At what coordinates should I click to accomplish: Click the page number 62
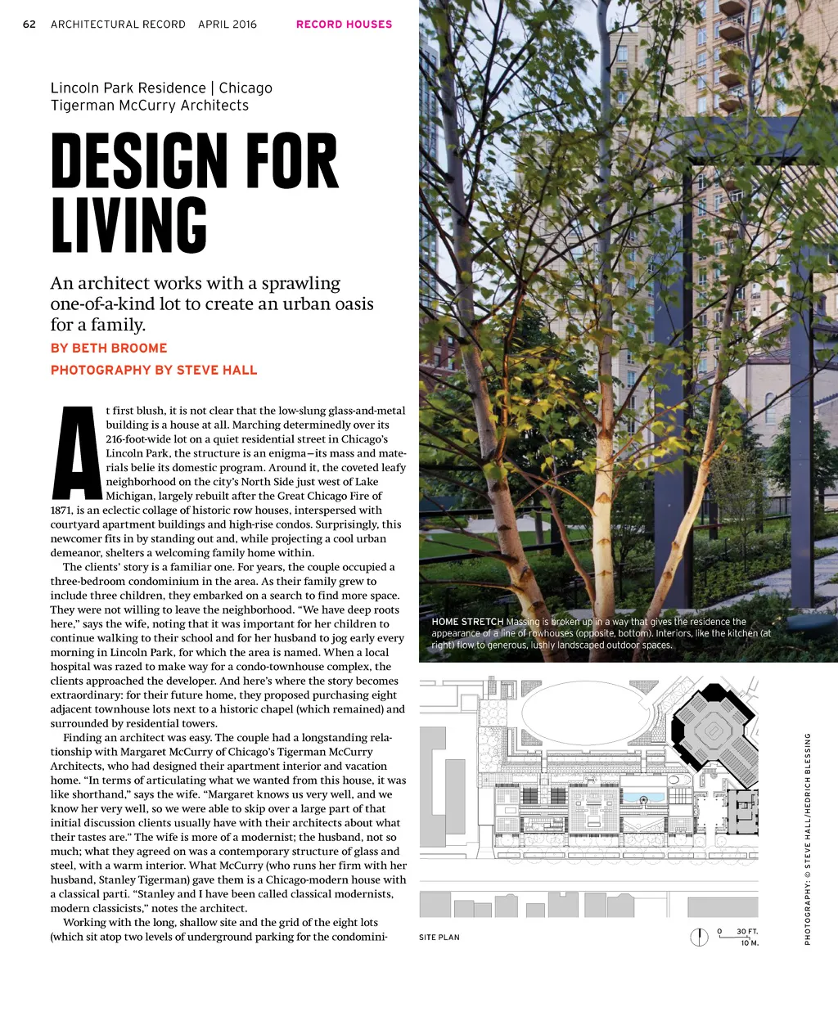(x=29, y=25)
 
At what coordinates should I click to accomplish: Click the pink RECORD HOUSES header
(x=344, y=25)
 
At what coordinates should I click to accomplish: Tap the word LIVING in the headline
(x=129, y=224)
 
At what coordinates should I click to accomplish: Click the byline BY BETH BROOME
(x=109, y=349)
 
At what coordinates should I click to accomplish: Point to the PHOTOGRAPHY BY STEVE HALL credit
(x=154, y=371)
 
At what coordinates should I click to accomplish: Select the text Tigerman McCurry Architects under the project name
(x=149, y=106)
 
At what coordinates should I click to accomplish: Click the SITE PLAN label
(x=439, y=938)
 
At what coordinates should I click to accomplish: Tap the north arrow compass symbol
(x=699, y=937)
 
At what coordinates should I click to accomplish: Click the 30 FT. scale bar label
(x=747, y=932)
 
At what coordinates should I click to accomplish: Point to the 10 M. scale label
(x=750, y=943)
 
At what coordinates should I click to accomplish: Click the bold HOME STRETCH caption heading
(x=467, y=623)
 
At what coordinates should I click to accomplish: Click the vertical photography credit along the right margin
(x=808, y=839)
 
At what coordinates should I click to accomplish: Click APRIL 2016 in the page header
(x=228, y=25)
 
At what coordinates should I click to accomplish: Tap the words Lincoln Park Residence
(x=128, y=88)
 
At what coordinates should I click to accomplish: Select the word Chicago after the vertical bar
(x=246, y=88)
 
